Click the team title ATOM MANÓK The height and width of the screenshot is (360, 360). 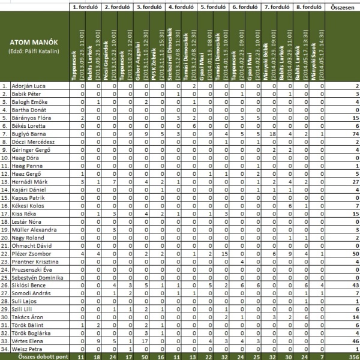click(x=34, y=43)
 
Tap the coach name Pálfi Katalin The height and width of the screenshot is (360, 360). click(x=34, y=52)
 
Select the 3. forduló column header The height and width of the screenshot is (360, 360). click(x=146, y=8)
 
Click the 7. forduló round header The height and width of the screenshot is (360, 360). click(x=275, y=8)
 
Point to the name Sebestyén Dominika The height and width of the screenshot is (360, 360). click(x=35, y=278)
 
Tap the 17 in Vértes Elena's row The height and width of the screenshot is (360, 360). click(x=145, y=340)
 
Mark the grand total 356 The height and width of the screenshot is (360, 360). click(x=353, y=356)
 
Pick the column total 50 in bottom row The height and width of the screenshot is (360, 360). click(x=144, y=356)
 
